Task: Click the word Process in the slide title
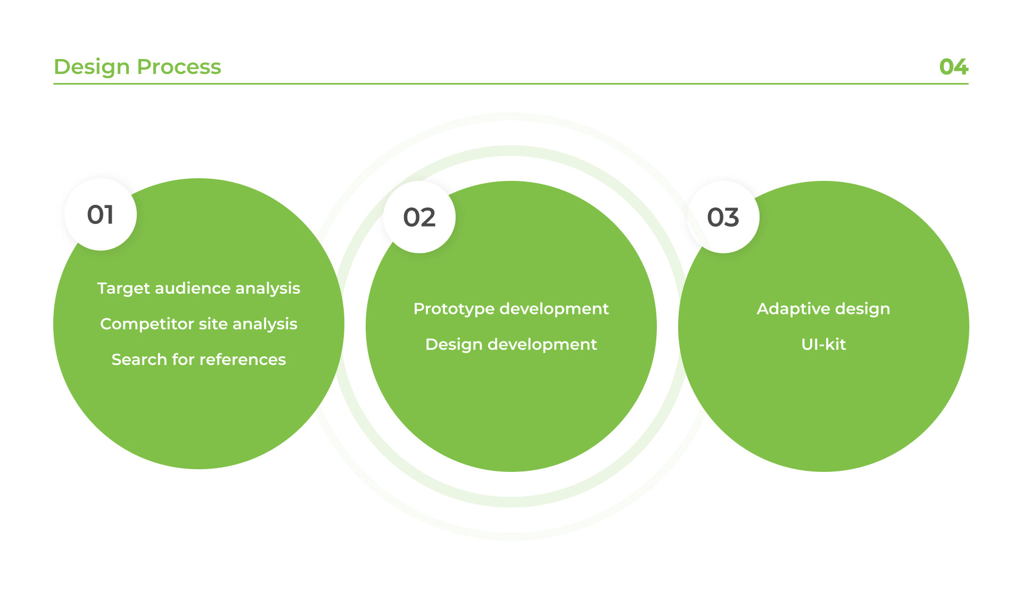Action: (179, 67)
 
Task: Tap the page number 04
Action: (954, 67)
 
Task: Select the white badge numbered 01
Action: (101, 214)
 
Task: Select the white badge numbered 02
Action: (419, 217)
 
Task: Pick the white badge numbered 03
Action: (723, 217)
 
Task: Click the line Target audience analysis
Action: (199, 288)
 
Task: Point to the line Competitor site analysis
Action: (199, 324)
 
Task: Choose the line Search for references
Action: (199, 360)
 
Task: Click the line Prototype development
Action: (511, 309)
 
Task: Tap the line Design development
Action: (511, 345)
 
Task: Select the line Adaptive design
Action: (823, 309)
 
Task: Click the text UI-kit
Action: (823, 344)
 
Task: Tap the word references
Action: (243, 360)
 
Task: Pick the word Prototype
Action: (454, 310)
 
